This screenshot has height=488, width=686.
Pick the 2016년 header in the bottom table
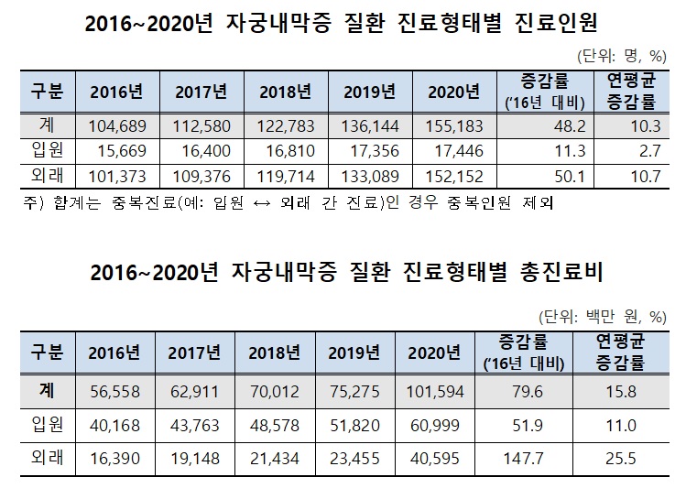pyautogui.click(x=114, y=352)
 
